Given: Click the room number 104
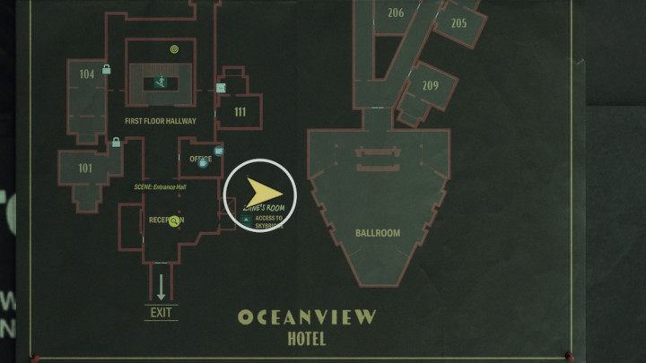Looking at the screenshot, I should (87, 73).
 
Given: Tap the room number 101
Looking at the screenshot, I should (85, 168).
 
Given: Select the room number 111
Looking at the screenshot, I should (240, 112).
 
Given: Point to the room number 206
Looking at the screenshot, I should (396, 13).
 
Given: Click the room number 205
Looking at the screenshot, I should (458, 23).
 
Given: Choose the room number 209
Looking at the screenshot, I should (430, 86).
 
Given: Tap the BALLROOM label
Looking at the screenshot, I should (377, 233).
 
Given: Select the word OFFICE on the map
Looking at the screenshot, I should (201, 160).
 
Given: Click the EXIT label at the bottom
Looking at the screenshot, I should (161, 313).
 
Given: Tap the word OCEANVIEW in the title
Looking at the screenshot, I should (307, 317).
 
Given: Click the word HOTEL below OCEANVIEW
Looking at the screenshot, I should (307, 340).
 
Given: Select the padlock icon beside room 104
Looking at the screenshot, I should (107, 69).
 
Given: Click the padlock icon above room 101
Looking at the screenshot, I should (116, 142).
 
